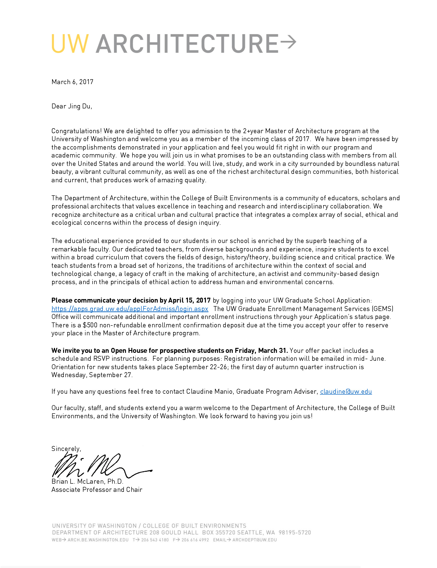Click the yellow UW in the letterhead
pos(70,44)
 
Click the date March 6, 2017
pos(72,82)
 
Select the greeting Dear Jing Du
pos(72,106)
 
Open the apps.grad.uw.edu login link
pos(130,309)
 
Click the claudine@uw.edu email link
pos(346,391)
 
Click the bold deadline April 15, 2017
pos(189,300)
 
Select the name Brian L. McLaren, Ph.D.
pos(87,481)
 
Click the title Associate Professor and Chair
pos(97,490)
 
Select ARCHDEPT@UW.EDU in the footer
pos(254,540)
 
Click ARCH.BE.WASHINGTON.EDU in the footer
pos(98,540)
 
